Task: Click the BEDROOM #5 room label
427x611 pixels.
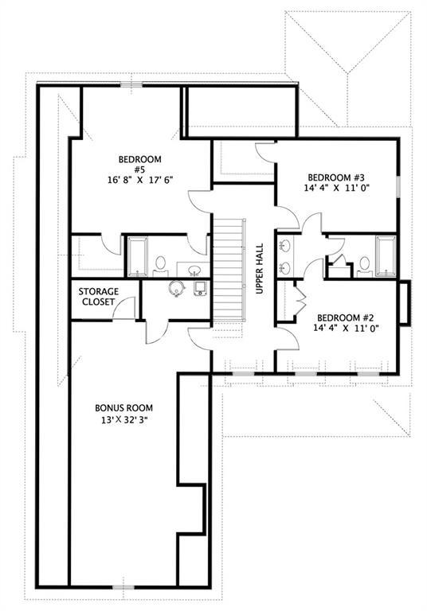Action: tap(139, 164)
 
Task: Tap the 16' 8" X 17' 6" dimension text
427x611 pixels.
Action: tap(139, 180)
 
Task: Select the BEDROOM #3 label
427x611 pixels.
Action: tap(336, 177)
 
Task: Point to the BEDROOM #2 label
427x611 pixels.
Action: tap(346, 317)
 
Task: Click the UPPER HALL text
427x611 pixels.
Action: tap(260, 268)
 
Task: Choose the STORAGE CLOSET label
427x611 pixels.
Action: tap(98, 297)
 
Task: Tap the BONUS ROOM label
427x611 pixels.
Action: tap(123, 408)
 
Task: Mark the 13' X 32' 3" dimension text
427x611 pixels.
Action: tap(123, 420)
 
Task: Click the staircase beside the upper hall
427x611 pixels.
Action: tap(229, 269)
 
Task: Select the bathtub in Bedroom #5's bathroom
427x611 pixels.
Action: tap(138, 257)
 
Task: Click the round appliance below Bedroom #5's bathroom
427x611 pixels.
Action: tap(177, 288)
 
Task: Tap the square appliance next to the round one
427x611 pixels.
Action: tap(201, 288)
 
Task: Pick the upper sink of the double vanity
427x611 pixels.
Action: tap(284, 246)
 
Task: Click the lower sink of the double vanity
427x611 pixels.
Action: tap(284, 267)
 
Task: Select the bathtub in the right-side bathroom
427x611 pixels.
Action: tap(386, 256)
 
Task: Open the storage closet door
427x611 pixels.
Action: tap(124, 308)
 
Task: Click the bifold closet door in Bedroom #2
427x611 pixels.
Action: tap(300, 299)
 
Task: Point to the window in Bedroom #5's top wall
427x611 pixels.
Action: tap(131, 84)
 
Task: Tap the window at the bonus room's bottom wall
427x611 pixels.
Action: tap(123, 587)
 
